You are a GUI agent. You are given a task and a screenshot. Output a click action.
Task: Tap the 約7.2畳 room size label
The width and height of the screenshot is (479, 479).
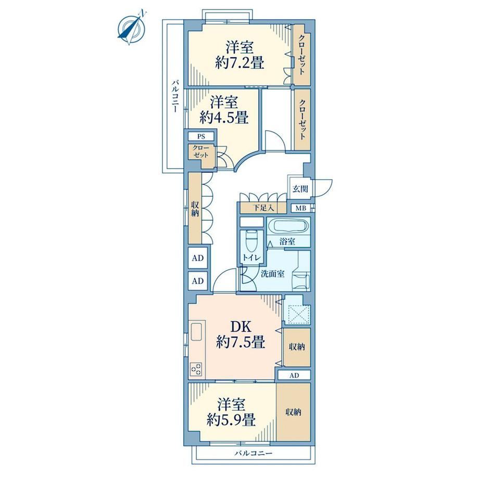tap(239, 63)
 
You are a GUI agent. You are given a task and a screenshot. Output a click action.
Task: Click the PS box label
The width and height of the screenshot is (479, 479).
tap(201, 136)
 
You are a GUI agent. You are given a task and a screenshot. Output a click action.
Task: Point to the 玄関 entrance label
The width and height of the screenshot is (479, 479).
tap(300, 189)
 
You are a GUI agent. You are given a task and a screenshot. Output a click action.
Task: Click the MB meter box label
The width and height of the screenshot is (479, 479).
tap(300, 209)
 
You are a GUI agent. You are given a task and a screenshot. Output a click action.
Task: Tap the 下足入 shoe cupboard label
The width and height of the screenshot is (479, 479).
tap(263, 208)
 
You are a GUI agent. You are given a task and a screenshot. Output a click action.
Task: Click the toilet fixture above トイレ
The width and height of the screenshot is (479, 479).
tap(252, 240)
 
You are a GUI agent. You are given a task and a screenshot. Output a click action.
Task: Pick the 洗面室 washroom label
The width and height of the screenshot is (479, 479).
tap(272, 274)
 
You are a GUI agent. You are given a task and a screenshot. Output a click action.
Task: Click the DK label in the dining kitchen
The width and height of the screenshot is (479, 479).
tap(240, 327)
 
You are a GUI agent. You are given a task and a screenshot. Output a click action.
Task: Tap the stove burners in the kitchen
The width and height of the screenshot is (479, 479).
tap(196, 369)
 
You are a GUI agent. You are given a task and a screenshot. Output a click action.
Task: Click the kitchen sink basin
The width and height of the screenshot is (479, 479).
tap(197, 332)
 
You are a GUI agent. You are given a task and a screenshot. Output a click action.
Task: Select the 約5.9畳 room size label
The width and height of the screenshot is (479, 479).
tap(231, 421)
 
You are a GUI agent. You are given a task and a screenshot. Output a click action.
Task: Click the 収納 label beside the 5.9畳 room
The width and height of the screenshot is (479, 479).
tap(293, 412)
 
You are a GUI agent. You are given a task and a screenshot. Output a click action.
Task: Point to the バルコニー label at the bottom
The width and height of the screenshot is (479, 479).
tap(253, 453)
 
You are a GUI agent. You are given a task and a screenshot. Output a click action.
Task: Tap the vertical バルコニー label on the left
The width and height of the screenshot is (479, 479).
tap(174, 96)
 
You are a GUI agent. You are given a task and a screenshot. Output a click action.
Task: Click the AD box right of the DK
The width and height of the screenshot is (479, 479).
tap(294, 375)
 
